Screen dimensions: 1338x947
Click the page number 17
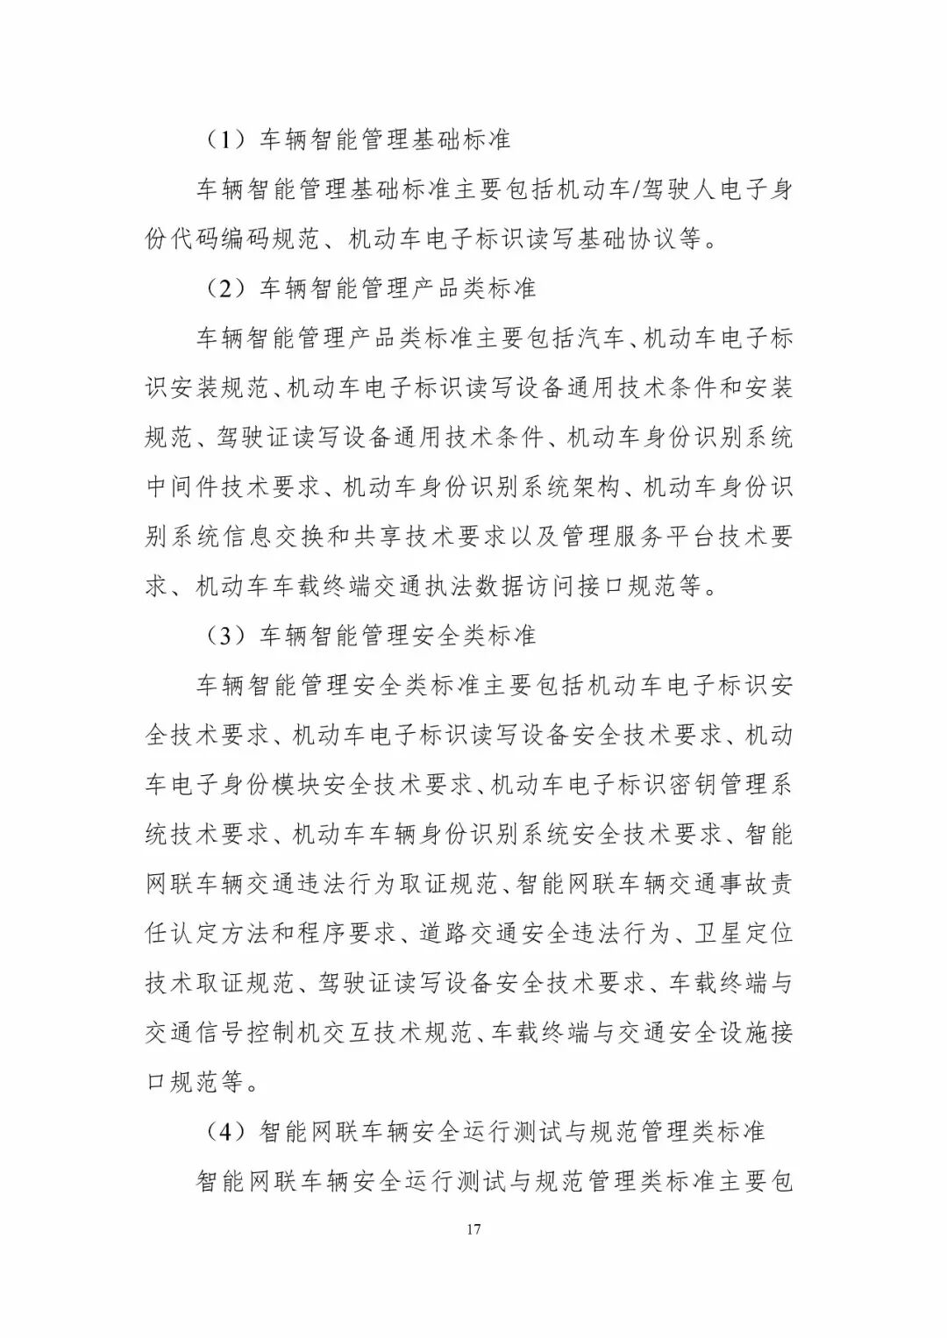click(x=473, y=1228)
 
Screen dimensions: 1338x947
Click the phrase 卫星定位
click(x=744, y=933)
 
